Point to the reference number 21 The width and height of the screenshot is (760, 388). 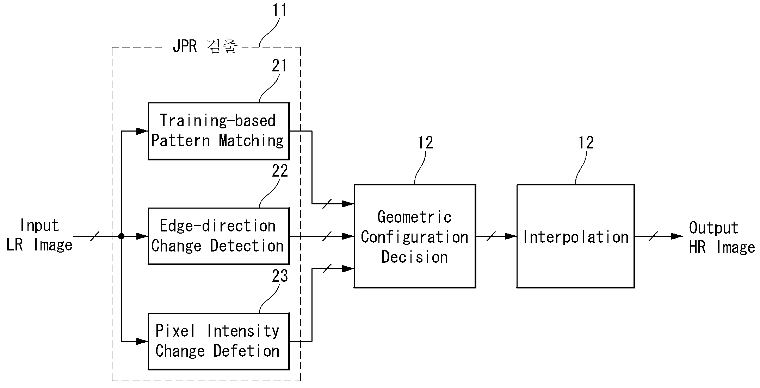pyautogui.click(x=279, y=66)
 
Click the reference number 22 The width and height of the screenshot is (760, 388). pyautogui.click(x=280, y=171)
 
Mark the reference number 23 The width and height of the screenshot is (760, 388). pyautogui.click(x=280, y=276)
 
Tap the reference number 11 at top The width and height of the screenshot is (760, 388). pyautogui.click(x=280, y=10)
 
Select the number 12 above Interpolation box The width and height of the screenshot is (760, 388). pyautogui.click(x=586, y=143)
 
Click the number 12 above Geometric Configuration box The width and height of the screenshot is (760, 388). pyautogui.click(x=425, y=143)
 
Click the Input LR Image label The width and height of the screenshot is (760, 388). pyautogui.click(x=39, y=235)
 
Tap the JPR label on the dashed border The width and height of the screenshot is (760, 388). pyautogui.click(x=185, y=46)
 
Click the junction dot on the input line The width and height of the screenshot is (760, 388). pyautogui.click(x=121, y=236)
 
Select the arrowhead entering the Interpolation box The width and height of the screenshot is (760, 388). pyautogui.click(x=511, y=236)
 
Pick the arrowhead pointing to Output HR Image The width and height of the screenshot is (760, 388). pyautogui.click(x=677, y=236)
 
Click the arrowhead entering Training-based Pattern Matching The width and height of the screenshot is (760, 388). pyautogui.click(x=142, y=131)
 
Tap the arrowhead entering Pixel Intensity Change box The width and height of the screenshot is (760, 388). pyautogui.click(x=142, y=341)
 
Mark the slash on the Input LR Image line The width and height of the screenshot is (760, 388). pyautogui.click(x=94, y=236)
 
